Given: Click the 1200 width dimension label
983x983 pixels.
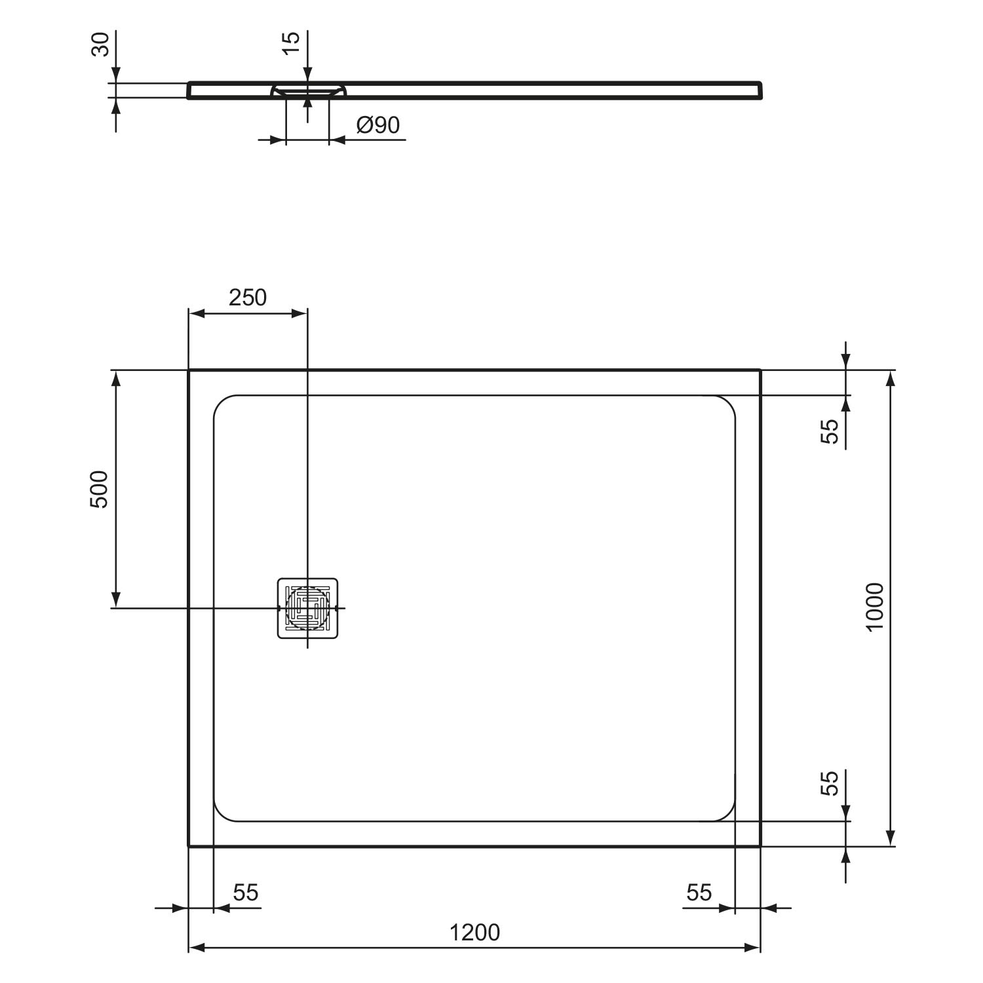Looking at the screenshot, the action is point(474,932).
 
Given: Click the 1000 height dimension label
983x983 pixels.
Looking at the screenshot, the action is point(875,607).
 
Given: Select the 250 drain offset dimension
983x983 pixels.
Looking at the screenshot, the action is point(248,298).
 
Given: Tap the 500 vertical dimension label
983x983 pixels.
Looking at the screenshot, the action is point(98,489).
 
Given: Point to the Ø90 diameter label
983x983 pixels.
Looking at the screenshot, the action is point(378,125).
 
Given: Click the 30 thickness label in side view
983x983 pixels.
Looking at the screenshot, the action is point(100,45).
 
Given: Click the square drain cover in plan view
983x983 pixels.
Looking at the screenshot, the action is point(307,608).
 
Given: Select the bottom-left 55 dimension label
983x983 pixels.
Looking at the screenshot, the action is point(246,893).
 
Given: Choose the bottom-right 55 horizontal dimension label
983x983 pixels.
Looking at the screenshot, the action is point(699,893).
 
